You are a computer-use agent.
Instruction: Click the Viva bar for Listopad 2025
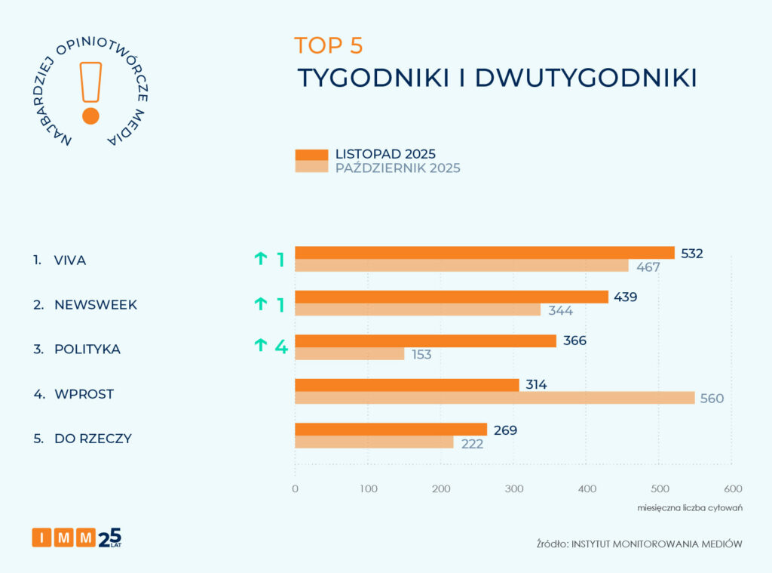[x=484, y=253]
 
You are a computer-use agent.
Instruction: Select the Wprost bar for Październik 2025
[x=495, y=398]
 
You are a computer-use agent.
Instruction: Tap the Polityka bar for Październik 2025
[x=349, y=354]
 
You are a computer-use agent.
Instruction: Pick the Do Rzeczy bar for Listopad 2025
[x=391, y=430]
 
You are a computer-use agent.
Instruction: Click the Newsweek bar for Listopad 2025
[x=451, y=297]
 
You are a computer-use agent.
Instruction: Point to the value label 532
[x=691, y=254]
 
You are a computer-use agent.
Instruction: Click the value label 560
[x=712, y=399]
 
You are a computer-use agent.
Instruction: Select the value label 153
[x=421, y=354]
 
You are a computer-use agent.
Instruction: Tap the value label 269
[x=505, y=430]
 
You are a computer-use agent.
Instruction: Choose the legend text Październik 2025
[x=397, y=168]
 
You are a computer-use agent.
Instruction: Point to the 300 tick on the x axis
[x=513, y=488]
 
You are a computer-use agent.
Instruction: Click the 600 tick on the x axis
[x=732, y=488]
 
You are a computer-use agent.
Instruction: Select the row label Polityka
[x=87, y=350]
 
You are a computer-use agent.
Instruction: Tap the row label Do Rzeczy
[x=93, y=438]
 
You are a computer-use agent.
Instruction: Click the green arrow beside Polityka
[x=261, y=346]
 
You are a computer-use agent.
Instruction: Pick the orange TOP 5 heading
[x=328, y=45]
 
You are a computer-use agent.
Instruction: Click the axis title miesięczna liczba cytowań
[x=690, y=507]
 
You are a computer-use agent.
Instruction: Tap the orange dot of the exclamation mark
[x=90, y=116]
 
